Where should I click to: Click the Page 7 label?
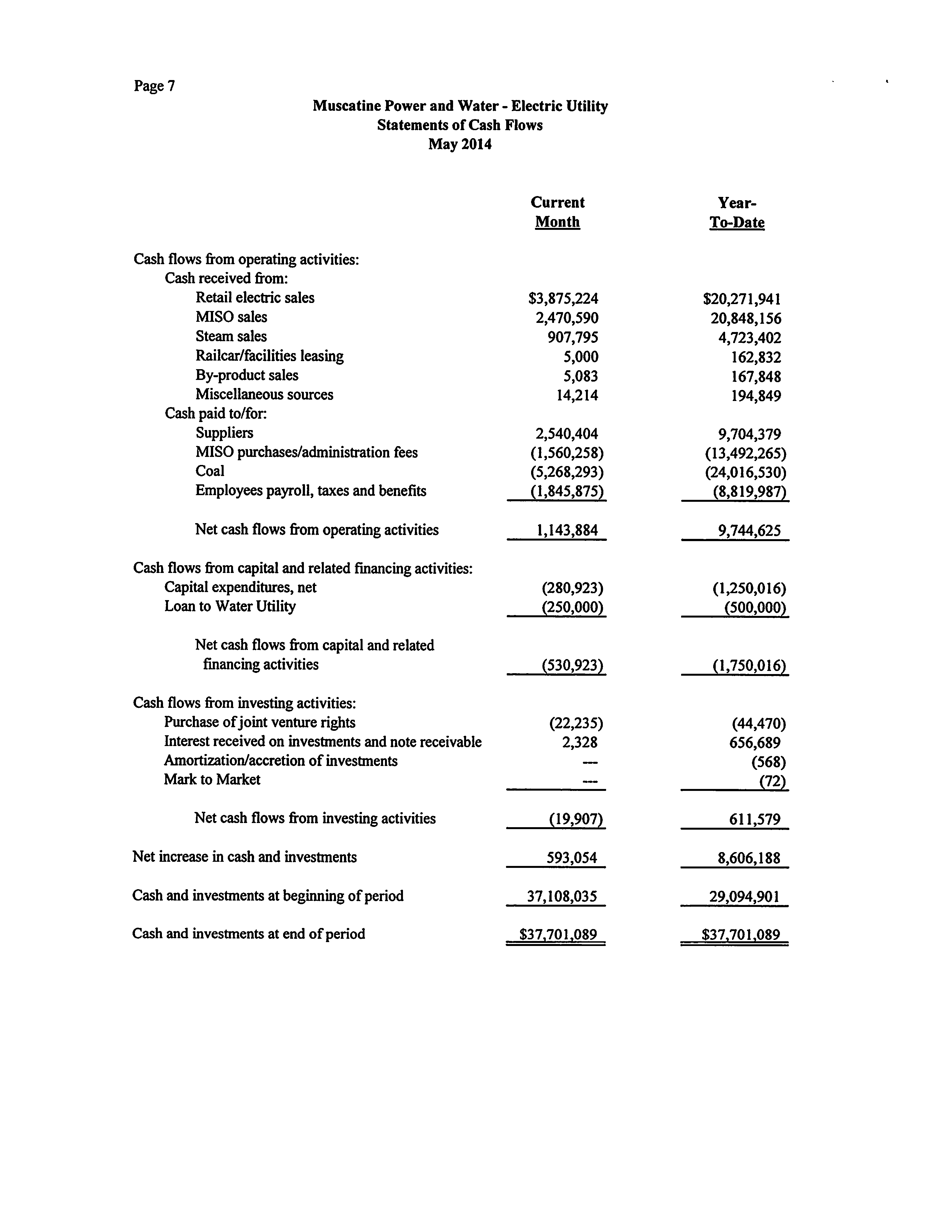click(x=154, y=86)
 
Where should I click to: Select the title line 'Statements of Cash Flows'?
click(x=460, y=125)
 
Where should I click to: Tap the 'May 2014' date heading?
click(x=460, y=144)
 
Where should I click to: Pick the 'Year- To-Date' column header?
click(x=736, y=212)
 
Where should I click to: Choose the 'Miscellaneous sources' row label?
click(x=264, y=395)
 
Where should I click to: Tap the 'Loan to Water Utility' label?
click(x=229, y=606)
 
